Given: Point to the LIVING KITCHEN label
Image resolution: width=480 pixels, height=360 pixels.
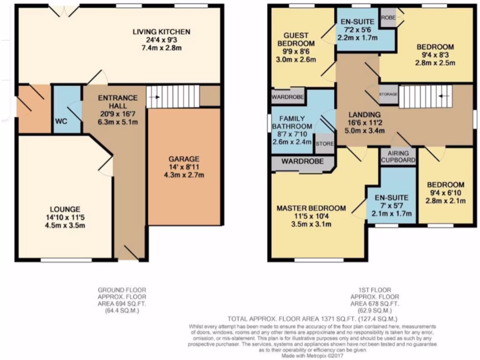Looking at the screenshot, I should coord(161,32).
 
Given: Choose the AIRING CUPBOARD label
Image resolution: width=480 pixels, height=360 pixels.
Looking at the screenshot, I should coord(398,157).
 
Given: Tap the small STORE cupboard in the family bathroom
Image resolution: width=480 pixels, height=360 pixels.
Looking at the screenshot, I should coord(324,144).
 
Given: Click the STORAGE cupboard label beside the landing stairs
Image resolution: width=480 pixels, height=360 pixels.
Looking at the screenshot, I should coord(389,94).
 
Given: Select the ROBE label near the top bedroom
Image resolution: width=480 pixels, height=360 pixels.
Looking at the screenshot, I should coord(388,18).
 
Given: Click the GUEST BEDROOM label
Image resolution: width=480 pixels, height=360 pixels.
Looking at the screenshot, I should coord(295,39).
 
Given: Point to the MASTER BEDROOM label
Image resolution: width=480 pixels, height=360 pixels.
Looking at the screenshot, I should coord(311,208).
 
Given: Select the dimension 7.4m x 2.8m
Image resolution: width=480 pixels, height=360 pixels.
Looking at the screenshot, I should coord(161,48).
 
